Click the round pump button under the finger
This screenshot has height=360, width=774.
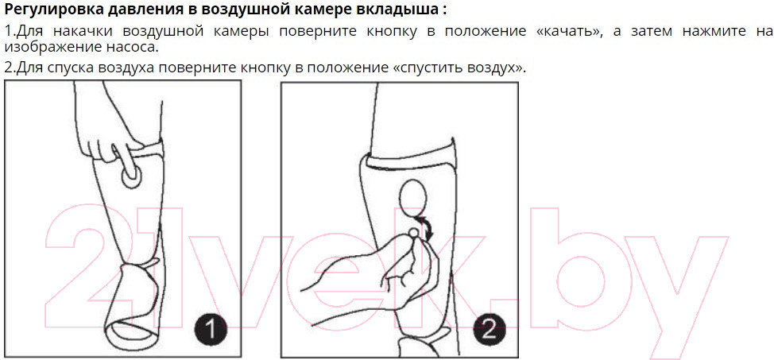coord(132,176)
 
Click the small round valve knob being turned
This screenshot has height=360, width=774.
coord(413,231)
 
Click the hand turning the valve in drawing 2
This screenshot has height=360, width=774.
coord(375,269)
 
